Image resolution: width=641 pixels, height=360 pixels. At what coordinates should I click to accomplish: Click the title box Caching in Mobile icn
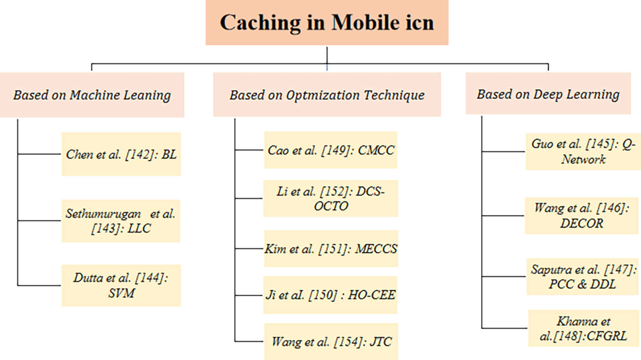(327, 23)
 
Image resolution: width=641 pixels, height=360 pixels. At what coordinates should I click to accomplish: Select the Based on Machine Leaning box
(92, 95)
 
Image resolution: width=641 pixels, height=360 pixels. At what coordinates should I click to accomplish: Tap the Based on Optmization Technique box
(327, 94)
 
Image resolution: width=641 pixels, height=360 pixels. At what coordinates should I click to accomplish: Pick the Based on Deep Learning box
(548, 93)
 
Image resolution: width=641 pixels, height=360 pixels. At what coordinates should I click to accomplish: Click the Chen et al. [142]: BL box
(121, 154)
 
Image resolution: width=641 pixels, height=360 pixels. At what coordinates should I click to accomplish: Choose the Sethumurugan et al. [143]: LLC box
(121, 221)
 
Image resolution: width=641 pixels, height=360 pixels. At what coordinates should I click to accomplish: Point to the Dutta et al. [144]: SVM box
(121, 285)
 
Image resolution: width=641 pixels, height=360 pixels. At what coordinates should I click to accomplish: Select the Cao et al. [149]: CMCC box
(331, 150)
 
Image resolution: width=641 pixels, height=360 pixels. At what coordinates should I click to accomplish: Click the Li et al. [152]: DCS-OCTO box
(331, 199)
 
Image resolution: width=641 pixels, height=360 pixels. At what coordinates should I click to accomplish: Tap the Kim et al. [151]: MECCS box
(331, 249)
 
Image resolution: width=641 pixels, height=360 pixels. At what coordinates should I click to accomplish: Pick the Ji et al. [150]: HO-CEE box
(330, 295)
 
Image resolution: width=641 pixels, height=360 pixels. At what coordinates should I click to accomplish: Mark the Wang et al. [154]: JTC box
(331, 341)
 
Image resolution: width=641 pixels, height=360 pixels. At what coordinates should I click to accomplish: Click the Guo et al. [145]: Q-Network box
(583, 152)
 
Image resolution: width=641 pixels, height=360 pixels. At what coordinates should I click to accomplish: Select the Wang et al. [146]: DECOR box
(582, 216)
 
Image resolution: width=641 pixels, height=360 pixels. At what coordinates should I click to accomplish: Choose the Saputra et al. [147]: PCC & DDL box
(584, 277)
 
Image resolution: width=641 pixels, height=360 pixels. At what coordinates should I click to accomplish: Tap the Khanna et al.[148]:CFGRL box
(584, 328)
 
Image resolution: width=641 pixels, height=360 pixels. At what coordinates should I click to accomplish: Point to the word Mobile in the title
(366, 23)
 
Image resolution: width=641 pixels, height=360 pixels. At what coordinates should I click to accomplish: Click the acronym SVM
(121, 293)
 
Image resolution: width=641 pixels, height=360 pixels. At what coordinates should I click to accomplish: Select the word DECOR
(582, 223)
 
